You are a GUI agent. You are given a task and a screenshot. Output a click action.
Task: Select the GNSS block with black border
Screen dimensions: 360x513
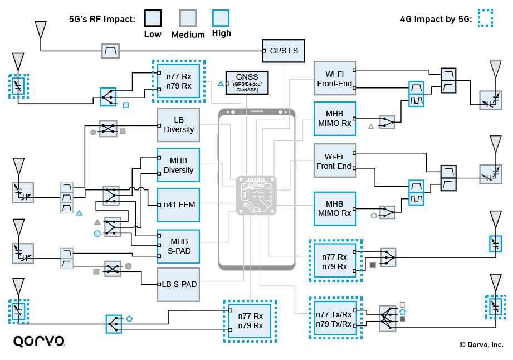click(246, 82)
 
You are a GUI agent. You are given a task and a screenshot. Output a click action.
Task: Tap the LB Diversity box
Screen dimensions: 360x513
click(178, 125)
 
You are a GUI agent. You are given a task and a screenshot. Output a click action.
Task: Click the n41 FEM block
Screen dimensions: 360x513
click(178, 205)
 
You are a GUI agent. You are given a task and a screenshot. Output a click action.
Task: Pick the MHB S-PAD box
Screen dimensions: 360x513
click(178, 246)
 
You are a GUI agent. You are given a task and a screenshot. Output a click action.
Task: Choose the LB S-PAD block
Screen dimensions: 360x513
click(178, 284)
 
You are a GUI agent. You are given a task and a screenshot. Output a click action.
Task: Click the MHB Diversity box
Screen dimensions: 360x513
click(178, 166)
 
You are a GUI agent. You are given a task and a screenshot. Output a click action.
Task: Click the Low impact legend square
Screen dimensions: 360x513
click(152, 18)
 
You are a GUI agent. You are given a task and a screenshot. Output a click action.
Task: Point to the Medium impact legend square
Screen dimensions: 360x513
click(188, 18)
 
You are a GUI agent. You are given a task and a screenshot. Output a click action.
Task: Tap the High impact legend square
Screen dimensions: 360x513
click(221, 18)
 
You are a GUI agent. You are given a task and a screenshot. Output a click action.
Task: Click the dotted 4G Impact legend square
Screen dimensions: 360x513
click(485, 18)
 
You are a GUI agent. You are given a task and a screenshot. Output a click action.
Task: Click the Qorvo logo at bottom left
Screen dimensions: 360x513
click(38, 341)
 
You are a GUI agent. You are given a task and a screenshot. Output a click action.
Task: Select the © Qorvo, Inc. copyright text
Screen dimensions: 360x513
click(481, 344)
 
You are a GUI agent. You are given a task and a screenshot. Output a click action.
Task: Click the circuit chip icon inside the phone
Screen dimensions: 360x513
click(256, 193)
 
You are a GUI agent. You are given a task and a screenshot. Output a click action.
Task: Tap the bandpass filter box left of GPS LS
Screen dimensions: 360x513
click(110, 51)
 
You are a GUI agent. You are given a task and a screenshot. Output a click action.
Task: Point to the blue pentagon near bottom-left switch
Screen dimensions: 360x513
click(129, 318)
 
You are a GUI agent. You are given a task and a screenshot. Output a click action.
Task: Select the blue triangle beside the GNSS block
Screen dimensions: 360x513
click(221, 84)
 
